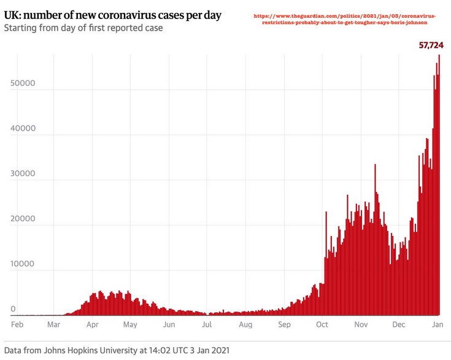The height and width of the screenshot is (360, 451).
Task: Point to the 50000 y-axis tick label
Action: (22, 83)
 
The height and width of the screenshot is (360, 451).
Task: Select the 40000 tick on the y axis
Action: (22, 129)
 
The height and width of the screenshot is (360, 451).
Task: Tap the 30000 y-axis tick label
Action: (22, 174)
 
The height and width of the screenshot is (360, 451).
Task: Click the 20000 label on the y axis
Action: (22, 219)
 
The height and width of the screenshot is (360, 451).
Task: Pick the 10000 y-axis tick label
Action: (22, 264)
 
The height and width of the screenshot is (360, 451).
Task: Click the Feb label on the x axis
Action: (17, 324)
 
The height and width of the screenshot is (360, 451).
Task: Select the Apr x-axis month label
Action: (93, 324)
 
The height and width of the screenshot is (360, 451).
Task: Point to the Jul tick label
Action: (207, 324)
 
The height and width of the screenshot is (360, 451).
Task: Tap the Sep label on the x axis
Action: (284, 324)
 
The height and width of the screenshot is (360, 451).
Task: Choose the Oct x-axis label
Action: (323, 324)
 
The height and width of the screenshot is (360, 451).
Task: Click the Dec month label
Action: (398, 324)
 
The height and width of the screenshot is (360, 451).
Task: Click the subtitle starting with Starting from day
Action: (83, 28)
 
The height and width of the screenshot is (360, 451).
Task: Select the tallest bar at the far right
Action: (439, 184)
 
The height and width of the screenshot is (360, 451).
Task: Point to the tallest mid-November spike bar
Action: (375, 239)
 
